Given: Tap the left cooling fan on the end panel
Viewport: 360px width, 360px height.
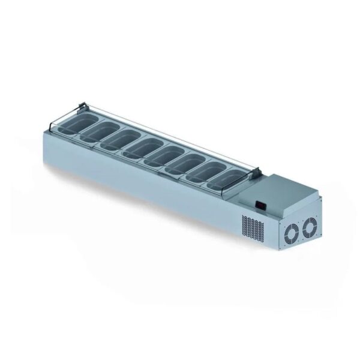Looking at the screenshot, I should tap(292, 231).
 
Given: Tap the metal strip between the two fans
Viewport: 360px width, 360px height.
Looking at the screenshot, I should tap(301, 229).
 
